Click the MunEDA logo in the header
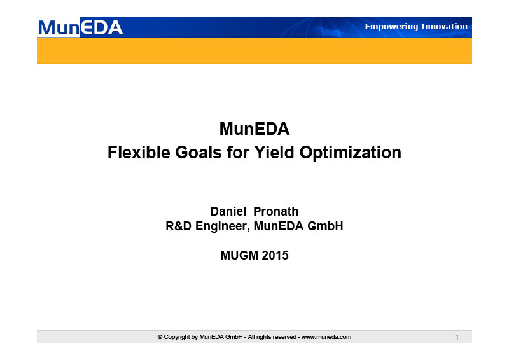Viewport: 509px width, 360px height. click(80, 27)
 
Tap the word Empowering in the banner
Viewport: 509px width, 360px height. click(390, 27)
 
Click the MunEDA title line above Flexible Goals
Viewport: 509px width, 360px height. click(254, 128)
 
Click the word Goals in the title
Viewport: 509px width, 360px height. click(199, 152)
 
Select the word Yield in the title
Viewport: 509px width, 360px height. click(274, 152)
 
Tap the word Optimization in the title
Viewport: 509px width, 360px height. click(351, 153)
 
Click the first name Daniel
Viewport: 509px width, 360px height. click(228, 211)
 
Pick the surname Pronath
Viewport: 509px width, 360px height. click(276, 211)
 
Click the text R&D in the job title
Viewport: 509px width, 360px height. click(179, 226)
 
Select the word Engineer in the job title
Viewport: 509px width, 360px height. click(223, 226)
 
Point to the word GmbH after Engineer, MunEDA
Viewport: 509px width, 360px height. click(325, 226)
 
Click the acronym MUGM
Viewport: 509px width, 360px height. click(239, 255)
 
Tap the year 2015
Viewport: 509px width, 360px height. click(275, 255)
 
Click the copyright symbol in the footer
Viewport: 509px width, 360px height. click(160, 337)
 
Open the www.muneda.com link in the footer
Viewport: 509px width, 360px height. click(326, 337)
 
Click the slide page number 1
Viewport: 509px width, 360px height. click(457, 337)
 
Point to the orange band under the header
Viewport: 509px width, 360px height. click(254, 51)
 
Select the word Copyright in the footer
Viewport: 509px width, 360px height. click(178, 337)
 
